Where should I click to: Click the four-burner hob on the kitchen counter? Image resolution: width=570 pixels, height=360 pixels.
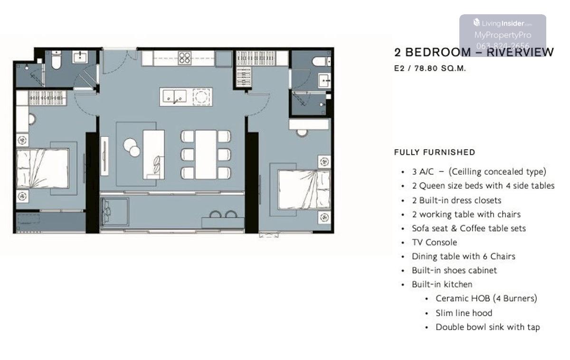[x=184, y=58]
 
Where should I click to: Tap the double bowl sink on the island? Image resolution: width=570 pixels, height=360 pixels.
[x=174, y=96]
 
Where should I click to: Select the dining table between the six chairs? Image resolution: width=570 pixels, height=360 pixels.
[x=206, y=154]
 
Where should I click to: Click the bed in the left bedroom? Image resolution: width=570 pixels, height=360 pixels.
[x=43, y=169]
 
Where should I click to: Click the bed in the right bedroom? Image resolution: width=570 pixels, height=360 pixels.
[x=304, y=189]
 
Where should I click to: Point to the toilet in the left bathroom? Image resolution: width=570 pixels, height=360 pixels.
[x=56, y=60]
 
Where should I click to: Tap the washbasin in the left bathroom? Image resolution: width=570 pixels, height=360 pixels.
[x=80, y=57]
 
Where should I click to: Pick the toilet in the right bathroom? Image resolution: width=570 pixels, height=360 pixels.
[x=322, y=61]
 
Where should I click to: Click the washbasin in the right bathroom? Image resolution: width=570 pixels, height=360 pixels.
[x=324, y=80]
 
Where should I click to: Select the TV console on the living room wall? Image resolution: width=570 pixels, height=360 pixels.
[x=104, y=156]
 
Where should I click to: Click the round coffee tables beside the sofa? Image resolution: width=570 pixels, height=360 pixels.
[x=132, y=147]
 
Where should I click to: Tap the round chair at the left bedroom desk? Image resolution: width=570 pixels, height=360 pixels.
[x=32, y=119]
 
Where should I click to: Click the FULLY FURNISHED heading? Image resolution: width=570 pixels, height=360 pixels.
[x=435, y=152]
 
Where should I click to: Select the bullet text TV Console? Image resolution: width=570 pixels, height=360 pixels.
[x=434, y=243]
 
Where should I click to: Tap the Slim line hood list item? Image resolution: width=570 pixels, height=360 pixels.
[x=464, y=313]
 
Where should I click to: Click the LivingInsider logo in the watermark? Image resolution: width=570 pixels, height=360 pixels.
[x=503, y=23]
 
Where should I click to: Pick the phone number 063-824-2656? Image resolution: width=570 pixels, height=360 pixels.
[x=503, y=46]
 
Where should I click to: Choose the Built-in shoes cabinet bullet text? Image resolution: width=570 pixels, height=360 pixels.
[x=454, y=270]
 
